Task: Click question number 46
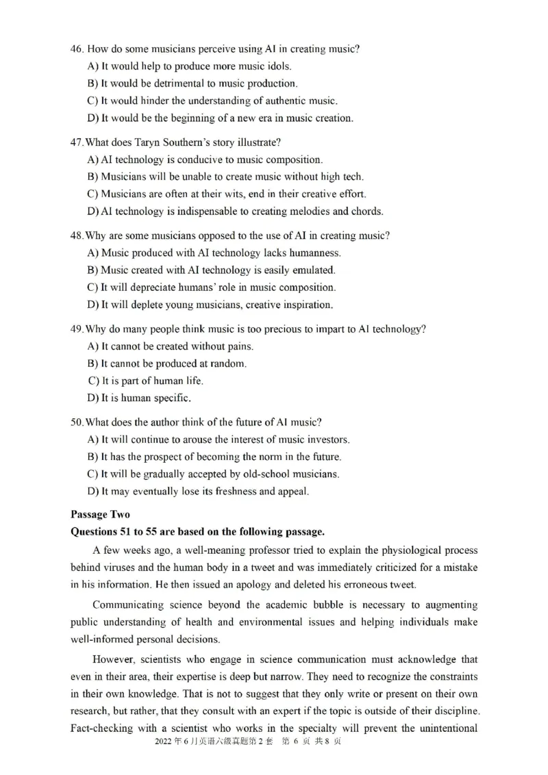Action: (x=76, y=49)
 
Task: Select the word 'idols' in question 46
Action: (x=278, y=66)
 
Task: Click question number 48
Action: (x=76, y=236)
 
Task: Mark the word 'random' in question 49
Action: (x=228, y=364)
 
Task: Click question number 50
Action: (x=76, y=422)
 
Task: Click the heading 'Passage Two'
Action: (x=99, y=514)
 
